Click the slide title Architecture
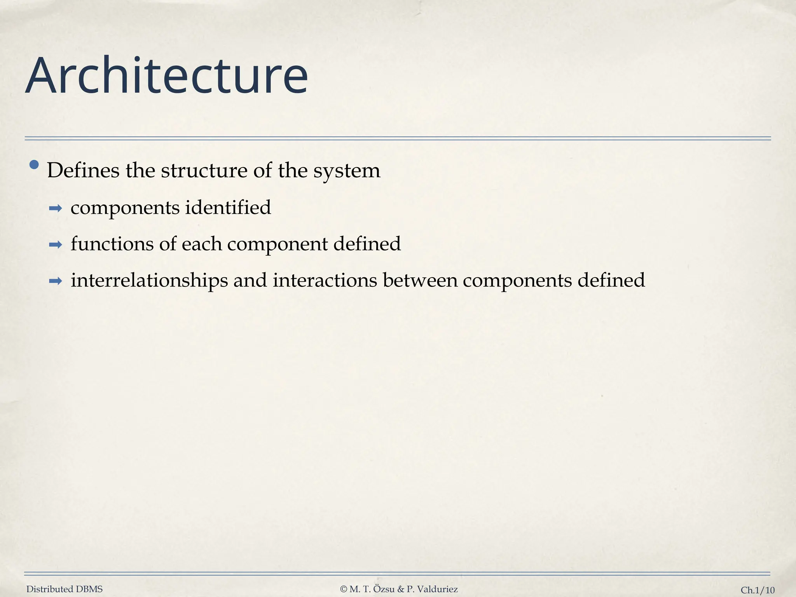tap(166, 76)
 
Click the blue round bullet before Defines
tap(34, 165)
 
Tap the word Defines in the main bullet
tap(83, 171)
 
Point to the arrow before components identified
tap(56, 209)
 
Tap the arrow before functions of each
tap(56, 245)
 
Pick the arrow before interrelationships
tap(56, 281)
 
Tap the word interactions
tap(325, 280)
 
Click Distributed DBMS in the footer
tap(65, 589)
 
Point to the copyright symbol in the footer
tap(343, 589)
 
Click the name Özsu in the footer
tap(384, 589)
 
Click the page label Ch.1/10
tap(758, 590)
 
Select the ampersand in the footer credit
tap(401, 589)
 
